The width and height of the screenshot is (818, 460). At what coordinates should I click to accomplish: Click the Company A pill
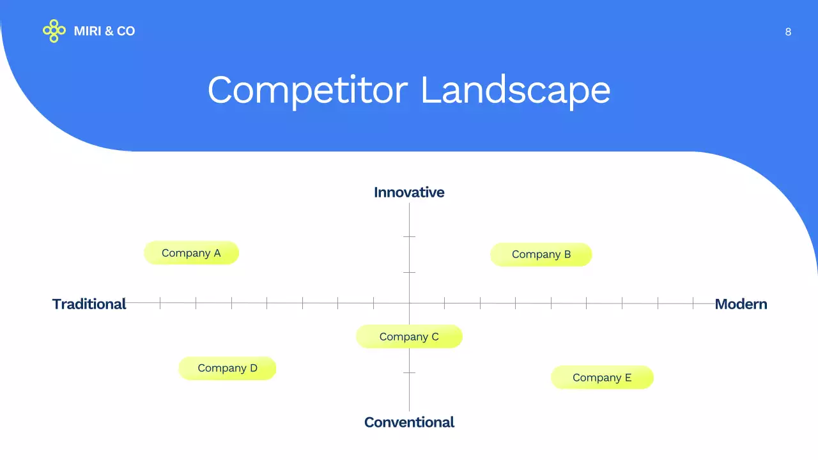pyautogui.click(x=191, y=253)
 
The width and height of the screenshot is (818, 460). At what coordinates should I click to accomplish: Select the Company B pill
pyautogui.click(x=541, y=254)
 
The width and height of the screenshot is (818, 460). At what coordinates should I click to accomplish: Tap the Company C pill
pyautogui.click(x=409, y=337)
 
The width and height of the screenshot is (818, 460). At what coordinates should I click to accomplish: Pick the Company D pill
pyautogui.click(x=227, y=368)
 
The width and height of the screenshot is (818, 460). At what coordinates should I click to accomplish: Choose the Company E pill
pyautogui.click(x=602, y=378)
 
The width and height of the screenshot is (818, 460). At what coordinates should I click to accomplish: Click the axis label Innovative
pyautogui.click(x=409, y=192)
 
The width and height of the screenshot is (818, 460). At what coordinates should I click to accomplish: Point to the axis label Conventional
pyautogui.click(x=409, y=422)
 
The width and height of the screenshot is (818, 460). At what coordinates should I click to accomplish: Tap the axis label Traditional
pyautogui.click(x=89, y=304)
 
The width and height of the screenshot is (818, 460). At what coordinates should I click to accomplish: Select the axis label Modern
pyautogui.click(x=741, y=304)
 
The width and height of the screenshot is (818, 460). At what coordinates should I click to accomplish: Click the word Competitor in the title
pyautogui.click(x=307, y=90)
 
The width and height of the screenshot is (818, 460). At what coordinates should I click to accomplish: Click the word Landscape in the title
pyautogui.click(x=515, y=90)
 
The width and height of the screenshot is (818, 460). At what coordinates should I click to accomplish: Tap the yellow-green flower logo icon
pyautogui.click(x=54, y=31)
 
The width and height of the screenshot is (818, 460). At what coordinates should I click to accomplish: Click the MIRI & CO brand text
pyautogui.click(x=104, y=31)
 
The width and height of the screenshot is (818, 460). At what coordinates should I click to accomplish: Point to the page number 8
pyautogui.click(x=788, y=32)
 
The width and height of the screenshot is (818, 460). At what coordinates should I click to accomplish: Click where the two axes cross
pyautogui.click(x=409, y=303)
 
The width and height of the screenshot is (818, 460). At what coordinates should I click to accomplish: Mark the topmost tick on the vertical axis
pyautogui.click(x=409, y=236)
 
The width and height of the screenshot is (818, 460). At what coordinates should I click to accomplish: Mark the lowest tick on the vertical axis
pyautogui.click(x=409, y=372)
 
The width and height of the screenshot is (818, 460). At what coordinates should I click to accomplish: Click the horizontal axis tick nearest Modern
pyautogui.click(x=693, y=303)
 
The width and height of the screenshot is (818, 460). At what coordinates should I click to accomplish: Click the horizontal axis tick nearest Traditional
pyautogui.click(x=160, y=303)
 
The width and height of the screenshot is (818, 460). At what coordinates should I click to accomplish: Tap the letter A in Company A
pyautogui.click(x=217, y=253)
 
